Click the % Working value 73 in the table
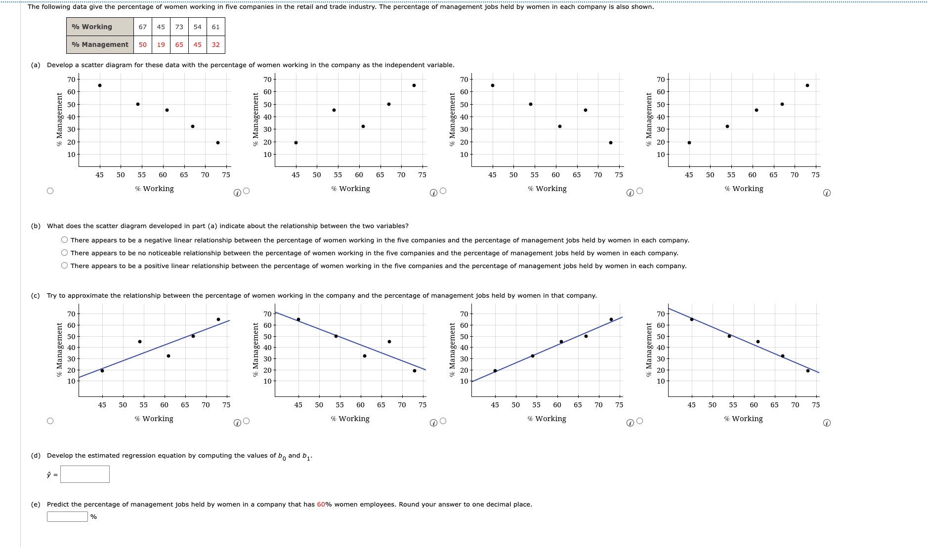click(179, 27)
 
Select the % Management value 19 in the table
click(161, 44)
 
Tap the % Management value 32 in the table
click(216, 44)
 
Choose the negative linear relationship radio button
click(65, 240)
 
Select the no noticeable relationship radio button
click(65, 253)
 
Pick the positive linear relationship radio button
click(65, 266)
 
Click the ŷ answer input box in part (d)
click(85, 474)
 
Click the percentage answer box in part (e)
click(68, 517)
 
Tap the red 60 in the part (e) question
click(321, 505)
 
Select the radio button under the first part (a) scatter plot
click(50, 191)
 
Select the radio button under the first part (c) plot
click(50, 421)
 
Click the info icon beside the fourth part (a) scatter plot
click(827, 193)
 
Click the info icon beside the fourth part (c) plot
click(827, 423)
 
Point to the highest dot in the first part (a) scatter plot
click(100, 85)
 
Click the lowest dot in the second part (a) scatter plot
click(296, 143)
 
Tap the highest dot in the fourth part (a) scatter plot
click(807, 85)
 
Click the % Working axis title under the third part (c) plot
click(547, 419)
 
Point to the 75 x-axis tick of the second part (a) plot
click(422, 175)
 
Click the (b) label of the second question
click(36, 226)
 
